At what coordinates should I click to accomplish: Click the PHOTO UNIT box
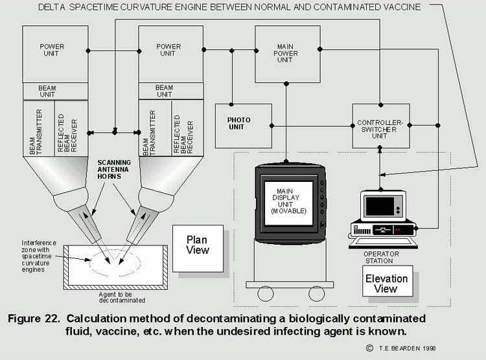point(244,126)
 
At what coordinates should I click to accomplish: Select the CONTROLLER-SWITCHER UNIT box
point(381,126)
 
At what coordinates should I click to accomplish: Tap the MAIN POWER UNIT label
point(285,53)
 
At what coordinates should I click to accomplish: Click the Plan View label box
point(198,249)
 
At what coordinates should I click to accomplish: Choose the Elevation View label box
point(388,281)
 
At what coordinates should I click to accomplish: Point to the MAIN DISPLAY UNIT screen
point(288,203)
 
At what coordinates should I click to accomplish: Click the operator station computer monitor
point(383,206)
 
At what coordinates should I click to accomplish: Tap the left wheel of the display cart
point(266,293)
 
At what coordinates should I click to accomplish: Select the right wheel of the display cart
point(316,293)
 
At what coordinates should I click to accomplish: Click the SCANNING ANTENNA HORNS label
point(114,170)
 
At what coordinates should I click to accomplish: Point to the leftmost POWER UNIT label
point(52,50)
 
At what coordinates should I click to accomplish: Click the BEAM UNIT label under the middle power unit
point(165,91)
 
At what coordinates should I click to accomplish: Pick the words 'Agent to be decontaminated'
point(122,297)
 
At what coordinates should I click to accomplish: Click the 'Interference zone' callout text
point(39,256)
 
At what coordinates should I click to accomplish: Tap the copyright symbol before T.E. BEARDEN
point(369,348)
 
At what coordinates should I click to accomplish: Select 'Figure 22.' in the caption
point(34,319)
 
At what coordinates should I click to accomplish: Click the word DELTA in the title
point(51,7)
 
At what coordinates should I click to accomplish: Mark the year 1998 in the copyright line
point(429,348)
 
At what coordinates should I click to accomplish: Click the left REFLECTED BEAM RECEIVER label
point(67,133)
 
